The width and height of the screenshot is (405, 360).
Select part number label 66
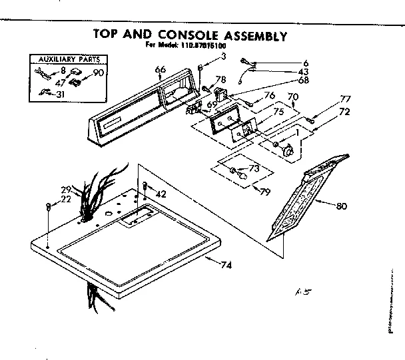coord(159,69)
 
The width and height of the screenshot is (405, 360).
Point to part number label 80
coord(341,206)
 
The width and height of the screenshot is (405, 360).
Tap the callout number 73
coord(253,168)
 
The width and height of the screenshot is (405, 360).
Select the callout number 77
coord(344,99)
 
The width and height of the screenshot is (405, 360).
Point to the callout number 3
coord(224,57)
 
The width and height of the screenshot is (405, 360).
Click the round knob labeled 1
coord(288,151)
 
